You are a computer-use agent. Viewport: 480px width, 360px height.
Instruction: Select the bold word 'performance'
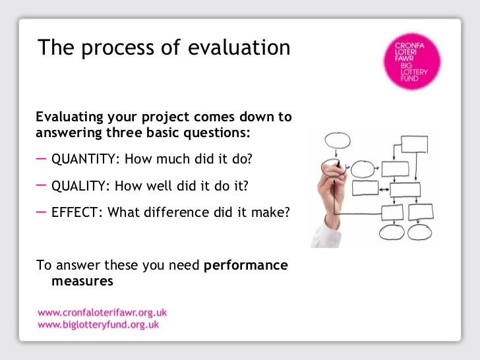coord(246,266)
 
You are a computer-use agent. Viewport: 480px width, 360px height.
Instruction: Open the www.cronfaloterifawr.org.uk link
coord(102,312)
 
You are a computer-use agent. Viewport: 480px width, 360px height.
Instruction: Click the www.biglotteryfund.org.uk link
coord(98,324)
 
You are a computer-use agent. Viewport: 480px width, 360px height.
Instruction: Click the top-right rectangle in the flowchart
coord(414,144)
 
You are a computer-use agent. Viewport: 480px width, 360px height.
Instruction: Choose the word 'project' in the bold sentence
coord(165,117)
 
